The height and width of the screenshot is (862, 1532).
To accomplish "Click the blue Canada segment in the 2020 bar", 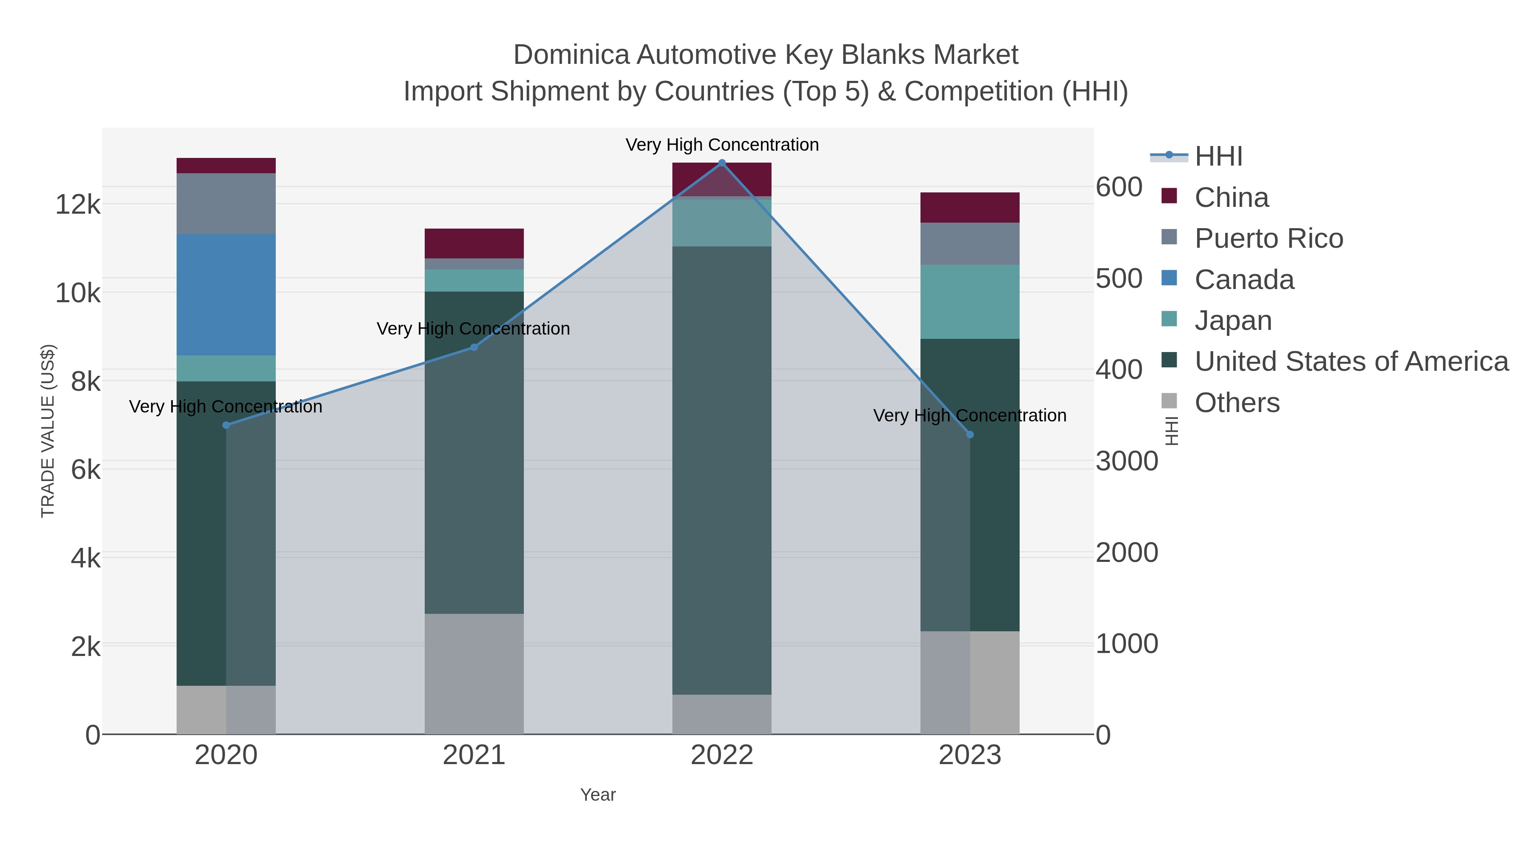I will pyautogui.click(x=226, y=295).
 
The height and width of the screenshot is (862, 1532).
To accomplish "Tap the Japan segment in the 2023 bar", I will pyautogui.click(x=969, y=302).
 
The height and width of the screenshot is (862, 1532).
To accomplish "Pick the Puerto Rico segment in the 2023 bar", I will pyautogui.click(x=969, y=243).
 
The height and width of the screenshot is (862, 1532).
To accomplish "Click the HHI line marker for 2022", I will pyautogui.click(x=722, y=163).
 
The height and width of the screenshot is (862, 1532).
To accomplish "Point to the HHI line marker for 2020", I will pyautogui.click(x=226, y=425).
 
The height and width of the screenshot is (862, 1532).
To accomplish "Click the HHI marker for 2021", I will pyautogui.click(x=474, y=347).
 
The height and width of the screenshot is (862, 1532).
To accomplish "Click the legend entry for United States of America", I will pyautogui.click(x=1351, y=362).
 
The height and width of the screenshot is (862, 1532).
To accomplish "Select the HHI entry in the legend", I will pyautogui.click(x=1218, y=157).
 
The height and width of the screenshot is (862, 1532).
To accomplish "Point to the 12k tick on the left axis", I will pyautogui.click(x=78, y=205).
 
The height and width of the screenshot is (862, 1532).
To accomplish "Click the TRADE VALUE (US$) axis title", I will pyautogui.click(x=48, y=431).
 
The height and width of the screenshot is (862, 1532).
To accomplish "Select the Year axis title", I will pyautogui.click(x=598, y=795).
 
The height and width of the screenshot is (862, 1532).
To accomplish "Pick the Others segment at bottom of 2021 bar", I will pyautogui.click(x=474, y=673).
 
